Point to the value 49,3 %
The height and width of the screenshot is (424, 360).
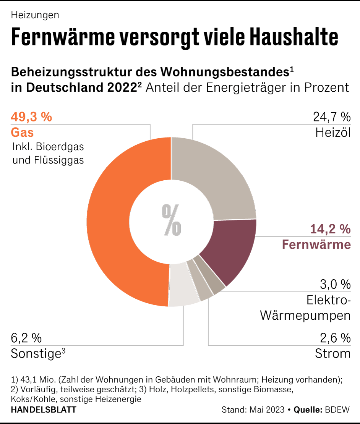(31, 117)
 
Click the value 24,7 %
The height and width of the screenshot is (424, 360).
(331, 117)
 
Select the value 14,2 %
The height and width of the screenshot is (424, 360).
(330, 229)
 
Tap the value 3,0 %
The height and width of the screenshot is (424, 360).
(335, 284)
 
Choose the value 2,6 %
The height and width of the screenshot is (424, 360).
(335, 338)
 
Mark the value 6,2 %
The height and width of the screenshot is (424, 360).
(26, 338)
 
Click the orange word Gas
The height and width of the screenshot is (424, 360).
(22, 133)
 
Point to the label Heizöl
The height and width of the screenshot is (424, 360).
(333, 133)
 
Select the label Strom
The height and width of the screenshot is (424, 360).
(332, 353)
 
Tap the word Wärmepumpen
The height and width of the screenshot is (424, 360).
(305, 316)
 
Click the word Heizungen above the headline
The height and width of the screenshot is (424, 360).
(35, 15)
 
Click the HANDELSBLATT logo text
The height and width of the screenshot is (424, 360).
(43, 410)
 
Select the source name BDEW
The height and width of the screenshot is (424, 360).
(337, 410)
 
